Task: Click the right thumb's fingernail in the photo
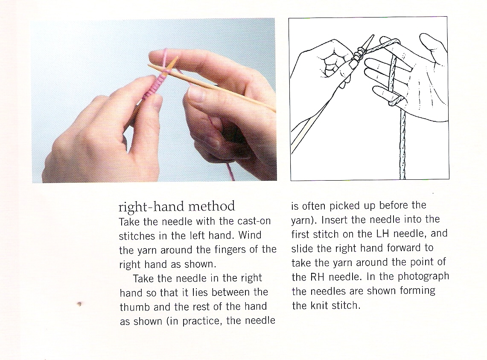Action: point(195,94)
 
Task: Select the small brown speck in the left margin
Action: point(79,304)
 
